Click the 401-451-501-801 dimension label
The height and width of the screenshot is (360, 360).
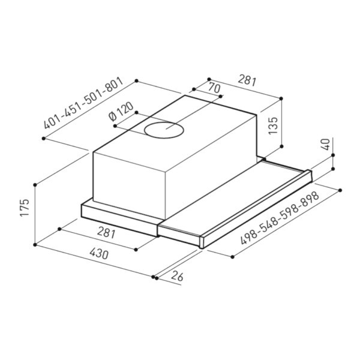coord(84,103)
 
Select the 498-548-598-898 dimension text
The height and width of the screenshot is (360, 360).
coord(280,218)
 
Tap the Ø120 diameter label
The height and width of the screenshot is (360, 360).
coord(121,111)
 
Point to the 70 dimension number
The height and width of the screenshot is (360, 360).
coord(214,88)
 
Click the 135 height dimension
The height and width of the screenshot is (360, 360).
coord(273,125)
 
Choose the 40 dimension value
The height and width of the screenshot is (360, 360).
coord(326,144)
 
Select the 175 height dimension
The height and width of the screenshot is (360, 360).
coord(25,208)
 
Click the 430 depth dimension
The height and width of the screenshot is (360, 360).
coord(99,254)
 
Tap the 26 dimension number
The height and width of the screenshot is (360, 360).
coord(177,276)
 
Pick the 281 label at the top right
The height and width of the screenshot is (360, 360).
coord(247,80)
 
